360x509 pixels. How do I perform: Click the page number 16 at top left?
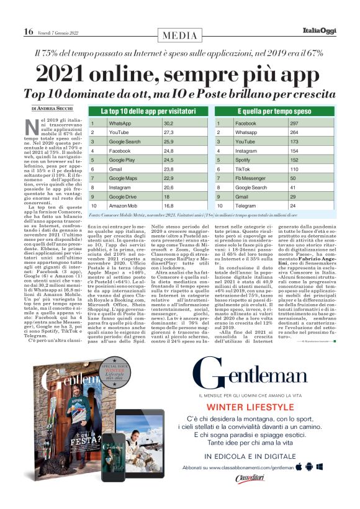coord(29,32)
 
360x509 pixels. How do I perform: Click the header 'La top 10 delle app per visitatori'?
coord(143,111)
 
